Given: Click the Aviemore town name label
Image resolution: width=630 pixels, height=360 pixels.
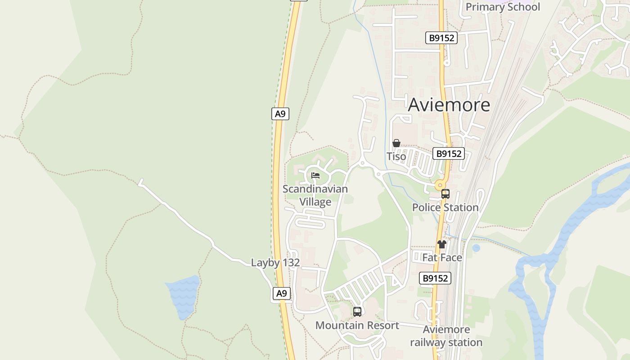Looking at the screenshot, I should tap(449, 105).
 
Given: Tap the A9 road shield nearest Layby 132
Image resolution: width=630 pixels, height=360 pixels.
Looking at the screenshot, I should tap(281, 294).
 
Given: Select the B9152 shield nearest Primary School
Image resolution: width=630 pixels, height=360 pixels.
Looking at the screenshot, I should tap(441, 38).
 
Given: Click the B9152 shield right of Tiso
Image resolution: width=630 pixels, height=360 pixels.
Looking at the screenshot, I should tap(448, 153).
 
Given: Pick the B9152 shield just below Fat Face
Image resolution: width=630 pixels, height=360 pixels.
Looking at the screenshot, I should tap(435, 278).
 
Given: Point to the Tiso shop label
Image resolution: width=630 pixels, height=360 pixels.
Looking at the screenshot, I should tap(396, 157).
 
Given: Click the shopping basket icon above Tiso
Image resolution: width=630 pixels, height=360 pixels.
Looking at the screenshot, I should tap(396, 144).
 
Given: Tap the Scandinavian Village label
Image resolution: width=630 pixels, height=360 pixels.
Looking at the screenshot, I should tap(315, 195).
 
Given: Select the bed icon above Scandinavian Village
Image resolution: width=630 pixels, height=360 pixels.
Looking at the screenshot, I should tap(315, 175).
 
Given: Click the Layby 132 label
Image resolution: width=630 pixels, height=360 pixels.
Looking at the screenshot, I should tap(275, 263).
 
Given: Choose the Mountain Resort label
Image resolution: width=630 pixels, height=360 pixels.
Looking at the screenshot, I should tap(357, 325).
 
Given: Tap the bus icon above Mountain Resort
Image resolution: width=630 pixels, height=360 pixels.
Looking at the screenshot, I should tap(357, 311).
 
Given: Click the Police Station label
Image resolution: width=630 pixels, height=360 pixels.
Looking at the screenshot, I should tap(445, 207).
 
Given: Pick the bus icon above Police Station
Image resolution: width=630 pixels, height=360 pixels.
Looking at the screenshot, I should tap(445, 194).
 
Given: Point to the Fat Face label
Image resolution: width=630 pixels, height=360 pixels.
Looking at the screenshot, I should tap(442, 257).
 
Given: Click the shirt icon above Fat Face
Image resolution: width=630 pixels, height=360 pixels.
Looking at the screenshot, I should tap(442, 244).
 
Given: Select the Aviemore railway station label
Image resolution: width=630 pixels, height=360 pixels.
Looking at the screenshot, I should tap(446, 336).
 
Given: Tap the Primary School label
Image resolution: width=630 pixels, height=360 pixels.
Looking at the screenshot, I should tap(503, 7).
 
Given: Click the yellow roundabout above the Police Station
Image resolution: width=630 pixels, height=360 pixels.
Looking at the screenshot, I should tap(440, 185).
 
